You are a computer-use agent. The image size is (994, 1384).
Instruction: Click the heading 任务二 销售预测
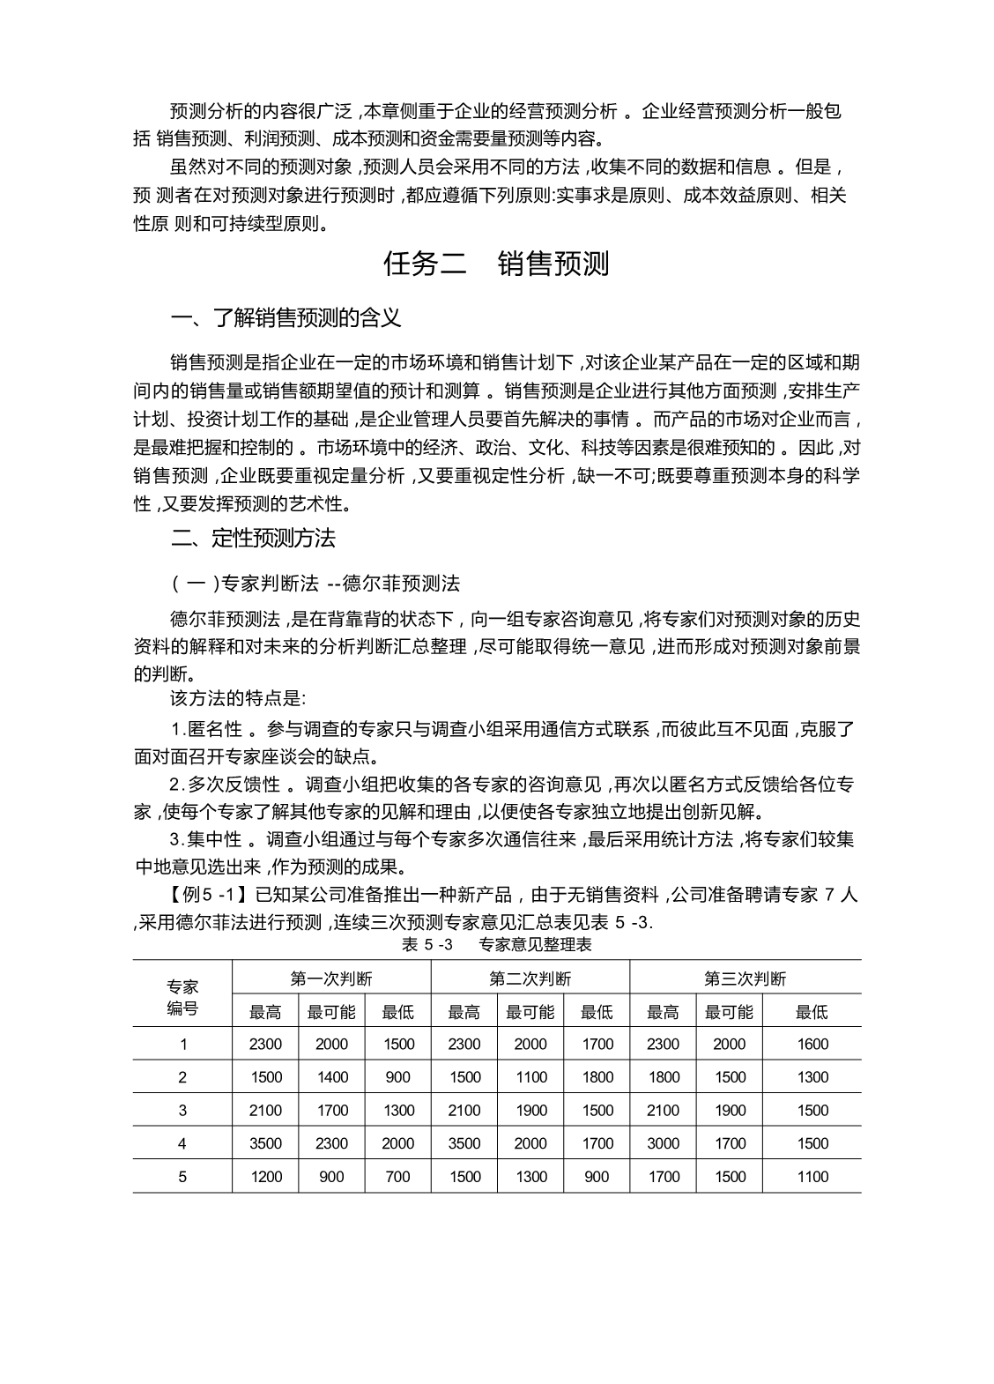496,264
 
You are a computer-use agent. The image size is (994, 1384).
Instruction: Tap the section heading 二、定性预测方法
253,537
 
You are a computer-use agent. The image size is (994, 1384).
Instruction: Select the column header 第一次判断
331,978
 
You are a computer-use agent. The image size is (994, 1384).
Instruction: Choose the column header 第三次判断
745,978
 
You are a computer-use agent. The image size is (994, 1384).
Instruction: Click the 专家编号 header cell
182,997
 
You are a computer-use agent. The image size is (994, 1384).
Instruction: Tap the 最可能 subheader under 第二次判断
530,1012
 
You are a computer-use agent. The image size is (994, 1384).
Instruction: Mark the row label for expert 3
182,1110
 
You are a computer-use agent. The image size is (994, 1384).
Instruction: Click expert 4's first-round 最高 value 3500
265,1143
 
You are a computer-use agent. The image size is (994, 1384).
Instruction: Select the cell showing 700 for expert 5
397,1176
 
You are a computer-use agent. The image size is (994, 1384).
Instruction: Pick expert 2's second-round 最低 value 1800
597,1076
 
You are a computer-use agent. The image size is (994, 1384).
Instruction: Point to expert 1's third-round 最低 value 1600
812,1044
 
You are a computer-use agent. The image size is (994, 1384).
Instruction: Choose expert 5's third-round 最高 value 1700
664,1176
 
